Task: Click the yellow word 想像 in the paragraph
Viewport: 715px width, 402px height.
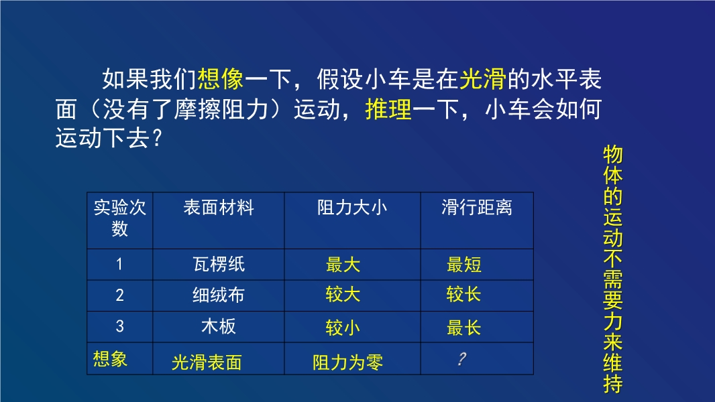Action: (221, 79)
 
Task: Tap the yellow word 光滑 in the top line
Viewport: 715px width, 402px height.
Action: (483, 79)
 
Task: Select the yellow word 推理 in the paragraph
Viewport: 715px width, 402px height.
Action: (388, 110)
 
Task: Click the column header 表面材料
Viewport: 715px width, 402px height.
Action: (219, 208)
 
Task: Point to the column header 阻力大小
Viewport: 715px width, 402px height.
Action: (353, 208)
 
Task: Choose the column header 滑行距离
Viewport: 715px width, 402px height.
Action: (477, 208)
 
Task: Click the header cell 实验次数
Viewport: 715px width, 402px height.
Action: (120, 218)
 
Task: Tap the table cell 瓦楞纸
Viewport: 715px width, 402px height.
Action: (219, 264)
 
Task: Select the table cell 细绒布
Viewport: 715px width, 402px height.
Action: (219, 295)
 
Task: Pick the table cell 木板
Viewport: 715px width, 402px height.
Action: (219, 326)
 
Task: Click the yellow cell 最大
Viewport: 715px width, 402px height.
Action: (343, 265)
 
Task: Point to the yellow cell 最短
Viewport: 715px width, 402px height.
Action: (463, 265)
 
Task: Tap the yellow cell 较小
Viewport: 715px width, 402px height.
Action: (343, 328)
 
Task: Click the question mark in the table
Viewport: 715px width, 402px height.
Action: (462, 358)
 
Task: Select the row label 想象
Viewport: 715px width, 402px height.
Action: (111, 358)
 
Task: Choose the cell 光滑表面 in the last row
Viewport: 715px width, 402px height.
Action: (207, 362)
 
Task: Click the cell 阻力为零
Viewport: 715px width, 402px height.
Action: (348, 362)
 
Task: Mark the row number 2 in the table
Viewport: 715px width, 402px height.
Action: (119, 295)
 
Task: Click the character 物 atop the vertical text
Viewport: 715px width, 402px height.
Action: (613, 155)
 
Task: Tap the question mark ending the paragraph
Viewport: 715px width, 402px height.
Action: (157, 138)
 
